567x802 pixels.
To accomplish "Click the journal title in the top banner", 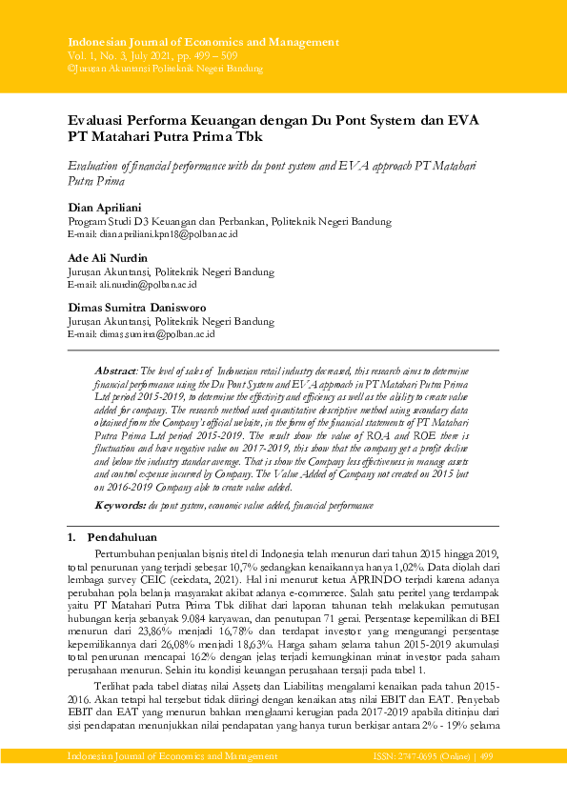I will tap(203, 43).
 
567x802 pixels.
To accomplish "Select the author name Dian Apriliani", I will tap(105, 207).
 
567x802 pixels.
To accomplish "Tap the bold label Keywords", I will tap(121, 501).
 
